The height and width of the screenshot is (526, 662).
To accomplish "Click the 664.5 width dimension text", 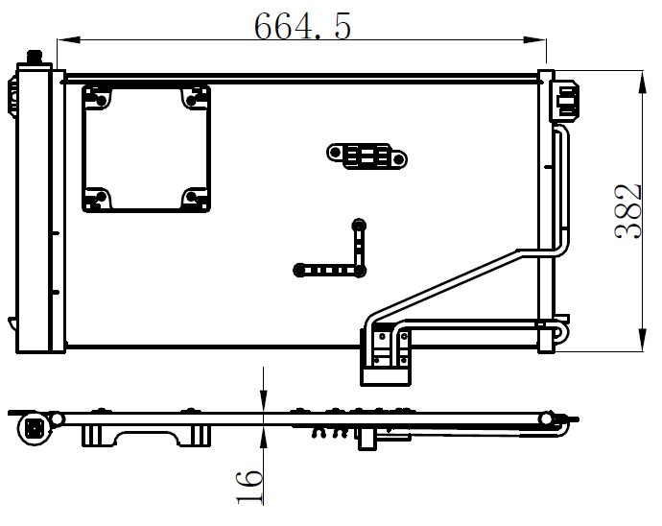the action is pyautogui.click(x=302, y=26).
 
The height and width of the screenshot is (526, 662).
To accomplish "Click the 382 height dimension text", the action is pyautogui.click(x=628, y=212).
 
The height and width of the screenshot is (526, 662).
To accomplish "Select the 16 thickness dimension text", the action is pyautogui.click(x=249, y=487).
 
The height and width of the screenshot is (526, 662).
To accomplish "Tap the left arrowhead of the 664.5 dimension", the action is pyautogui.click(x=68, y=40).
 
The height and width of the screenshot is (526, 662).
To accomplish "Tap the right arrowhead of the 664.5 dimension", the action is pyautogui.click(x=534, y=40).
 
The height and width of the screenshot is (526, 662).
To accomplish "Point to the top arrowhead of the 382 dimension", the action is pyautogui.click(x=642, y=82).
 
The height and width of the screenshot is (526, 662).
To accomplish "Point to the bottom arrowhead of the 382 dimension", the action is pyautogui.click(x=642, y=340).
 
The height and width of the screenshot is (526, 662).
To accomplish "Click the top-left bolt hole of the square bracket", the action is pyautogui.click(x=102, y=101).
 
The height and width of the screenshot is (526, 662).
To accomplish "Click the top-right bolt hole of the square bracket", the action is pyautogui.click(x=191, y=101).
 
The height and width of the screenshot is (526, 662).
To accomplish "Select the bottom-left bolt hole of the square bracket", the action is pyautogui.click(x=102, y=197).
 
